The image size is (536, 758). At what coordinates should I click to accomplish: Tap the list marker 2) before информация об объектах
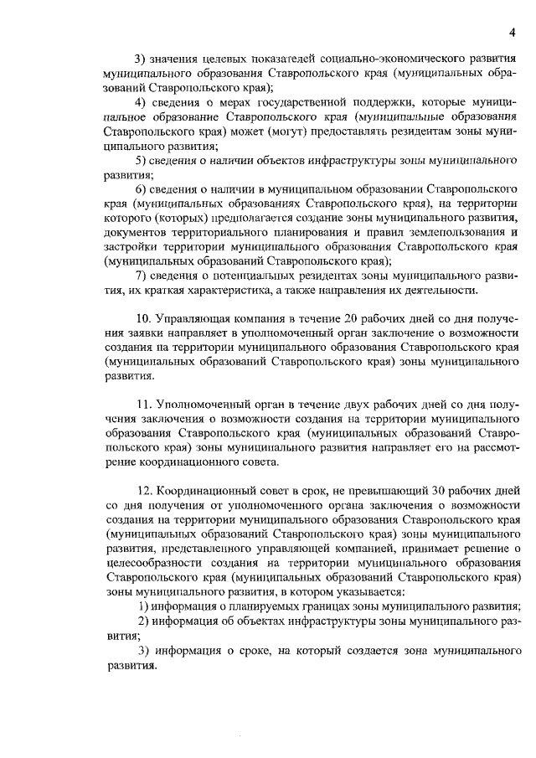click(143, 621)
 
